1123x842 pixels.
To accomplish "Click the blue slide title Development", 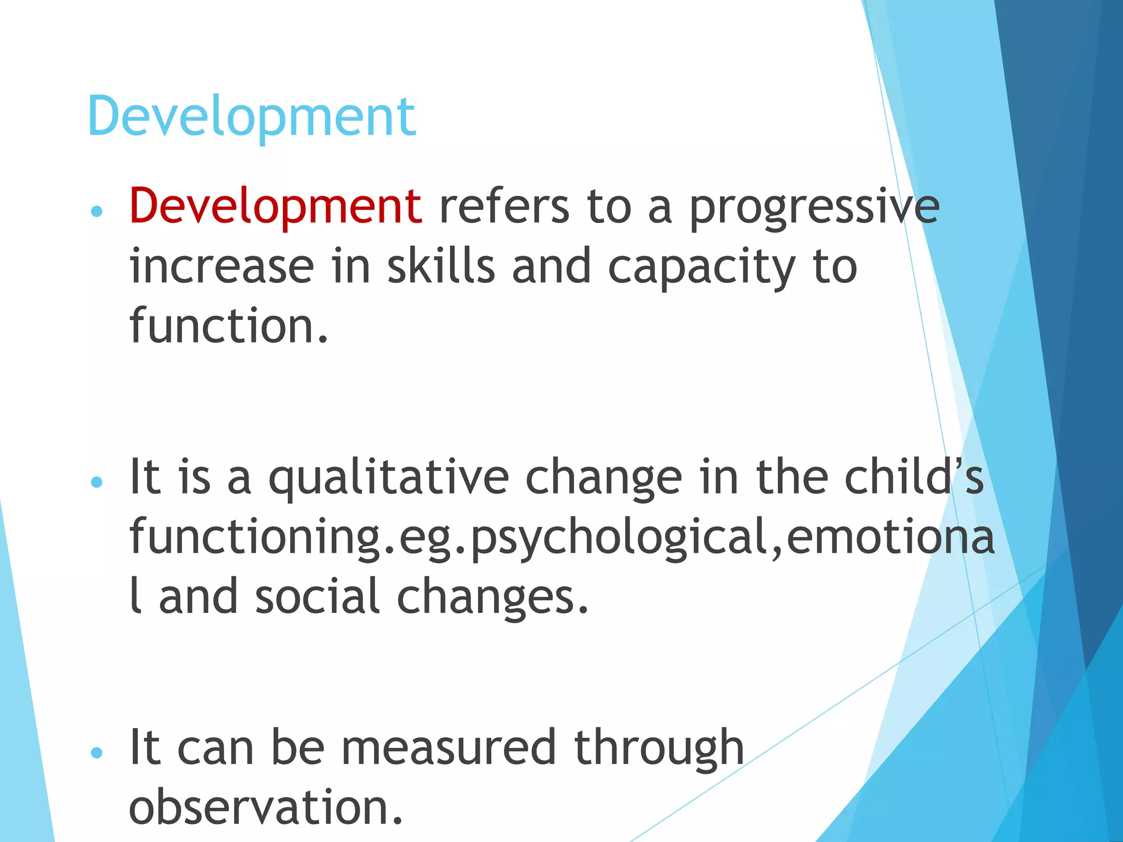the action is tap(251, 116).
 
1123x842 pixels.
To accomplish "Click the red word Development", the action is tap(275, 207).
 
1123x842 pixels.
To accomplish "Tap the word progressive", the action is tap(814, 208).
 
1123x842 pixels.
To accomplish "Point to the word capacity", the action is tap(701, 269).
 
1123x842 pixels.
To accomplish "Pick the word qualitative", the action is tap(389, 478).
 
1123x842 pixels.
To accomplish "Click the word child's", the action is tap(914, 477).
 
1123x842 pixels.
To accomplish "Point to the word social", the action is tap(317, 596).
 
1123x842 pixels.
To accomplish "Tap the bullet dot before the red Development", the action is tap(97, 212).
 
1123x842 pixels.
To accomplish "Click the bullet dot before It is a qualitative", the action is tap(97, 482).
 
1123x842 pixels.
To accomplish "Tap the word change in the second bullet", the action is tap(604, 478).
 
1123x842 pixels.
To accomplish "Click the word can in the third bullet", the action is tap(215, 749).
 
